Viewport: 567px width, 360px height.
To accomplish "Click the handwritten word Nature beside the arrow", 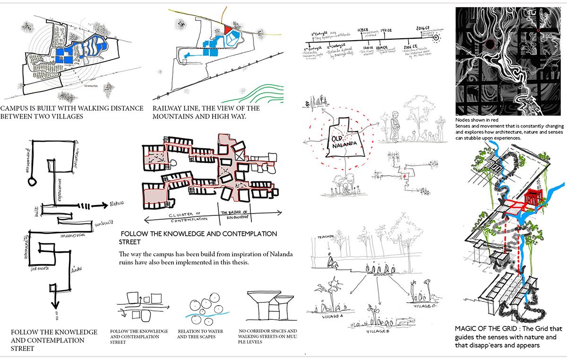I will point(117,203).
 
